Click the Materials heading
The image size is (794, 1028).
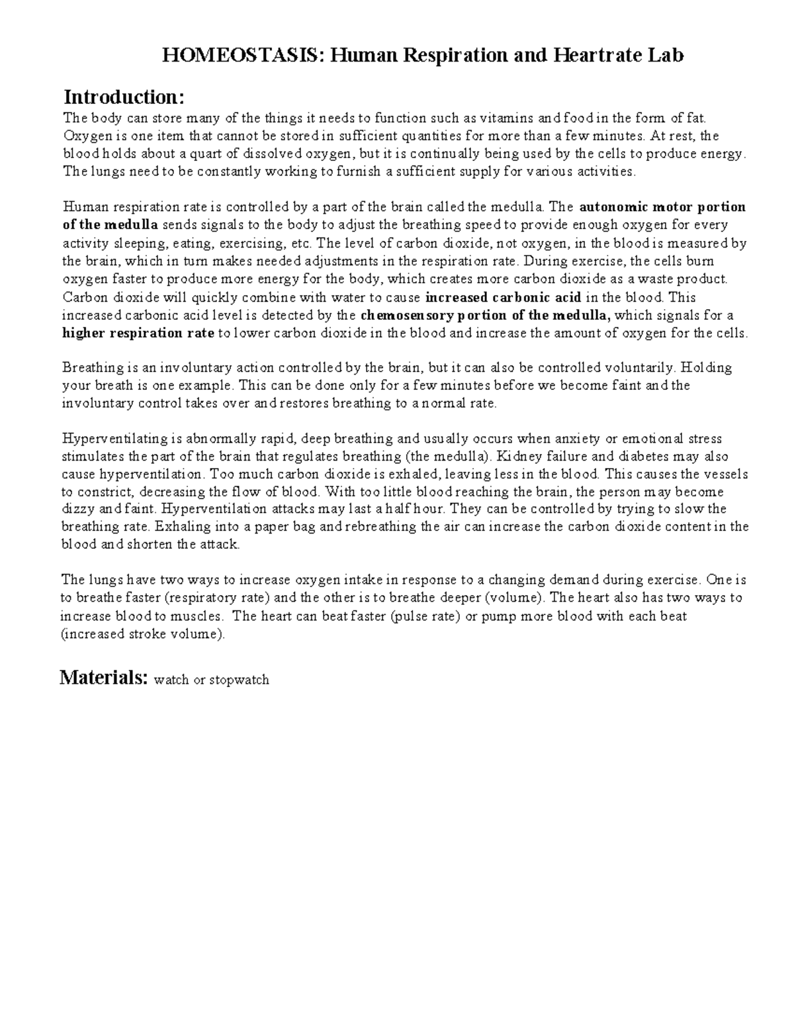tap(103, 678)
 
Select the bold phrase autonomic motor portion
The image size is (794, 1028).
tap(662, 207)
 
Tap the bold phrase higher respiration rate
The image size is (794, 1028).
tap(138, 333)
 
